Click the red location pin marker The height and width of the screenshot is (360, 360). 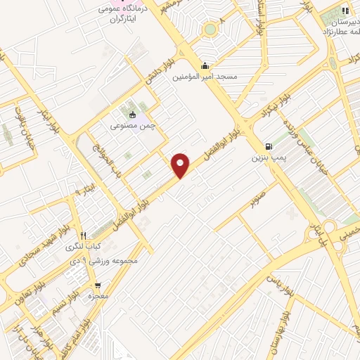(181, 165)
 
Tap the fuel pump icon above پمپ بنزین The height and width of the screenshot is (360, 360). (268, 146)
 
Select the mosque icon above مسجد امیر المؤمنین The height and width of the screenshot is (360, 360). (205, 67)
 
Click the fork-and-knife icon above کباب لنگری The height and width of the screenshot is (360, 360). (83, 236)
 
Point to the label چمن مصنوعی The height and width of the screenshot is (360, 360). (132, 126)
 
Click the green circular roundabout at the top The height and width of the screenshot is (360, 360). (210, 30)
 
